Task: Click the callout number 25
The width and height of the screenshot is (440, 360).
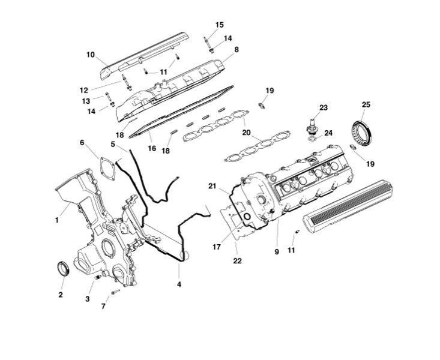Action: [366, 104]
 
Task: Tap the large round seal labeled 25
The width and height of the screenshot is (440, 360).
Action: [361, 133]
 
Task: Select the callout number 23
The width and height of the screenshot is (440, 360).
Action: [324, 108]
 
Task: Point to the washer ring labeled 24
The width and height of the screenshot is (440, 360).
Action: [312, 139]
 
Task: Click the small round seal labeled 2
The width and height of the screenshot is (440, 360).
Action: [63, 269]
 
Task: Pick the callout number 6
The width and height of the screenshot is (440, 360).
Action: [82, 143]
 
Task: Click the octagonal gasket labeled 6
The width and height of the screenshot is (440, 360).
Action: [107, 168]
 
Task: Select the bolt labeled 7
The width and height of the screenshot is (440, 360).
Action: [115, 292]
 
